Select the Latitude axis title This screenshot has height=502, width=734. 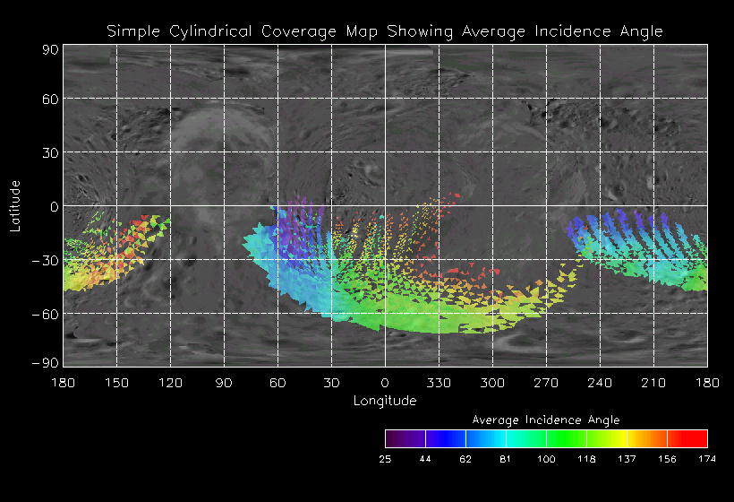pos(15,205)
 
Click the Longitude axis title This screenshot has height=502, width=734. pos(385,401)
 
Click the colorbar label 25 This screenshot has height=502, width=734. pos(385,459)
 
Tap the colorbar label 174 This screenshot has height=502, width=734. pos(707,459)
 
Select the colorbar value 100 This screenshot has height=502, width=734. pos(546,459)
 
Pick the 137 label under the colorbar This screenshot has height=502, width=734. pos(627,459)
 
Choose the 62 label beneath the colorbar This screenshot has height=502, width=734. pos(465,459)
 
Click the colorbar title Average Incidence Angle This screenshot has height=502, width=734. pos(545,420)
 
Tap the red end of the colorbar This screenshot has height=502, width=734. pos(698,438)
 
